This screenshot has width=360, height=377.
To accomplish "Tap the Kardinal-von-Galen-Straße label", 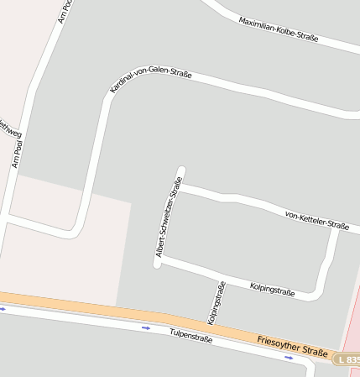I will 151,81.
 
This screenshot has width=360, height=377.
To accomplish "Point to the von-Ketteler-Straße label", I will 316,220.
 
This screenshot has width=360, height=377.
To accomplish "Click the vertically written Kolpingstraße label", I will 217,302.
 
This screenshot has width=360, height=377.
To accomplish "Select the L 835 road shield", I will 347,359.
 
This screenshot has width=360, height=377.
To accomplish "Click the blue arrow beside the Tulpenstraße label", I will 146,327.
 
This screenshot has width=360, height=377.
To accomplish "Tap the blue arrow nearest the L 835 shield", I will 289,358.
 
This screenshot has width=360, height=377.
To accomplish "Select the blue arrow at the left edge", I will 3,308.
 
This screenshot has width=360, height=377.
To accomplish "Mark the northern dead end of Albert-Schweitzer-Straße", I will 180,170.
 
